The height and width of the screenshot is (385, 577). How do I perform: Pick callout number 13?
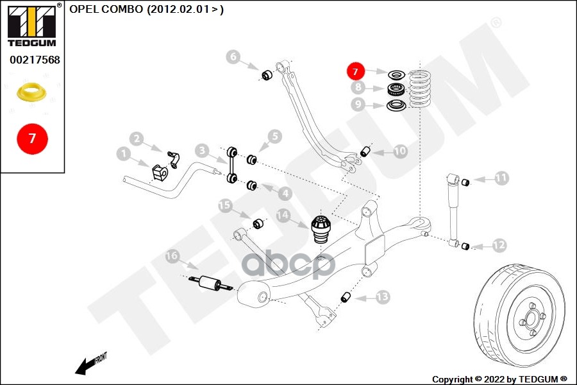pos(382,296)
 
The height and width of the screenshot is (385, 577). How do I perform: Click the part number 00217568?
pos(35,60)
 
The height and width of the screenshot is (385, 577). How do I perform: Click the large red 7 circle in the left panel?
pos(33,138)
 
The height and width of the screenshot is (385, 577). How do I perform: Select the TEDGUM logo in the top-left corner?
pos(32,26)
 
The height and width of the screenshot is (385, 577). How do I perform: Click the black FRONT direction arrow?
pos(84,366)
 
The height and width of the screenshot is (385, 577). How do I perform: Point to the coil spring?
pos(420,90)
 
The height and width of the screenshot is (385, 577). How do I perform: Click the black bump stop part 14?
pos(320,230)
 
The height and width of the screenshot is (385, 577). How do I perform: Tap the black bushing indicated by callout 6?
pos(268,74)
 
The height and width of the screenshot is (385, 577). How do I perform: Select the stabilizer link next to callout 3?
pos(231,164)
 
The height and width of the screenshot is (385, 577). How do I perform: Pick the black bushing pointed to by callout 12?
pos(466,245)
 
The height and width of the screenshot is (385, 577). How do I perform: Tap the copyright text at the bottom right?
pos(499,379)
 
